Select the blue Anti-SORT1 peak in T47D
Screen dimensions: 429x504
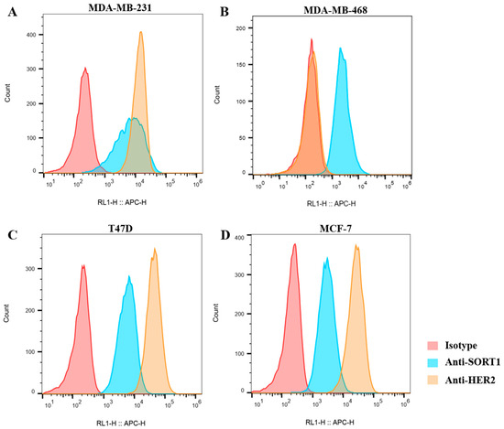point(129,279)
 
